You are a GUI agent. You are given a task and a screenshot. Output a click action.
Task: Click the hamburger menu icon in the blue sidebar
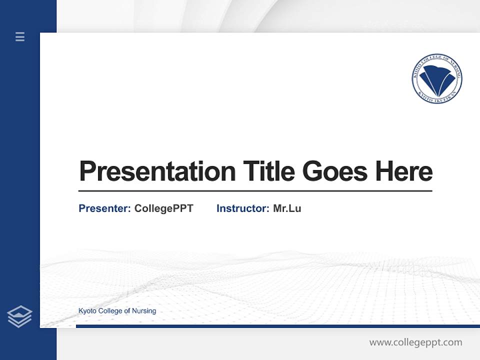click(x=20, y=36)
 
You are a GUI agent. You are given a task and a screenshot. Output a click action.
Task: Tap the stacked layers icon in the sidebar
click(x=19, y=316)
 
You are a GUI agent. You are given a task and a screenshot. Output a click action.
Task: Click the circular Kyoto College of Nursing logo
click(x=436, y=79)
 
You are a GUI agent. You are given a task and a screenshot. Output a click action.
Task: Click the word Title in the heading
click(x=269, y=171)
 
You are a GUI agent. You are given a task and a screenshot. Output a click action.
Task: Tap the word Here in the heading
click(x=404, y=171)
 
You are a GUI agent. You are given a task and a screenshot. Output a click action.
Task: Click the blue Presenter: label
click(x=104, y=208)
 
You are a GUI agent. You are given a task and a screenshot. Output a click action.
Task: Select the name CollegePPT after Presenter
click(x=163, y=208)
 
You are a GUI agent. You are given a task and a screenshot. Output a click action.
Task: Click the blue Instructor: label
click(x=242, y=208)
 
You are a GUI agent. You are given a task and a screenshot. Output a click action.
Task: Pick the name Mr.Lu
click(x=287, y=208)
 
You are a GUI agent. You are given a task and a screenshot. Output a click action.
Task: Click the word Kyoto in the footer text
click(x=87, y=311)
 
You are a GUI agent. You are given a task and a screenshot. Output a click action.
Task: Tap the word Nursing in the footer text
click(x=144, y=311)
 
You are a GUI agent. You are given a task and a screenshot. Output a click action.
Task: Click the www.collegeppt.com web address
click(x=415, y=342)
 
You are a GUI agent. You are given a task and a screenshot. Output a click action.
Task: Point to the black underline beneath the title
click(x=255, y=190)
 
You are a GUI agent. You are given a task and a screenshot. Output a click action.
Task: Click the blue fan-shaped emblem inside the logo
click(x=438, y=79)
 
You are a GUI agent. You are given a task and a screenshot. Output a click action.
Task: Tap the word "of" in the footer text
click(x=127, y=311)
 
